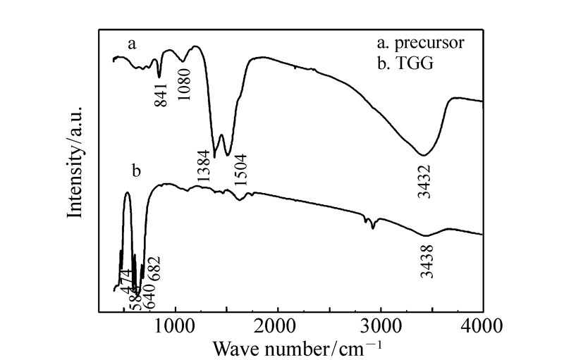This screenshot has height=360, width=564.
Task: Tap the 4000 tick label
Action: coord(483,325)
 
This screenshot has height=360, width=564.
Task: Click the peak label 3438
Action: coord(427,260)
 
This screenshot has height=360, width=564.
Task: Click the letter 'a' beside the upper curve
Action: coord(131,44)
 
